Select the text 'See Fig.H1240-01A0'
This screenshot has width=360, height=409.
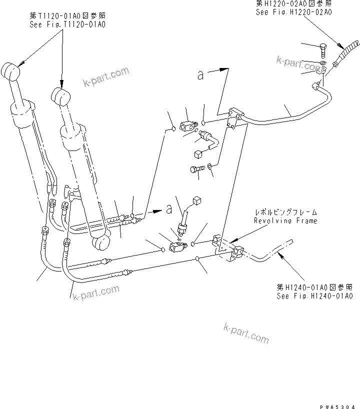tap(314, 295)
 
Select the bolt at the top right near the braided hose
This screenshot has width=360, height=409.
tap(322, 50)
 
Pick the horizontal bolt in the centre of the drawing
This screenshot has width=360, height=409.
tap(196, 170)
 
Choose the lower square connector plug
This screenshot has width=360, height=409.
tap(196, 201)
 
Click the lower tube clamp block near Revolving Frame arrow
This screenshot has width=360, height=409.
tap(236, 251)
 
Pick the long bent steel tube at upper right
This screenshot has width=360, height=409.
tap(285, 116)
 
